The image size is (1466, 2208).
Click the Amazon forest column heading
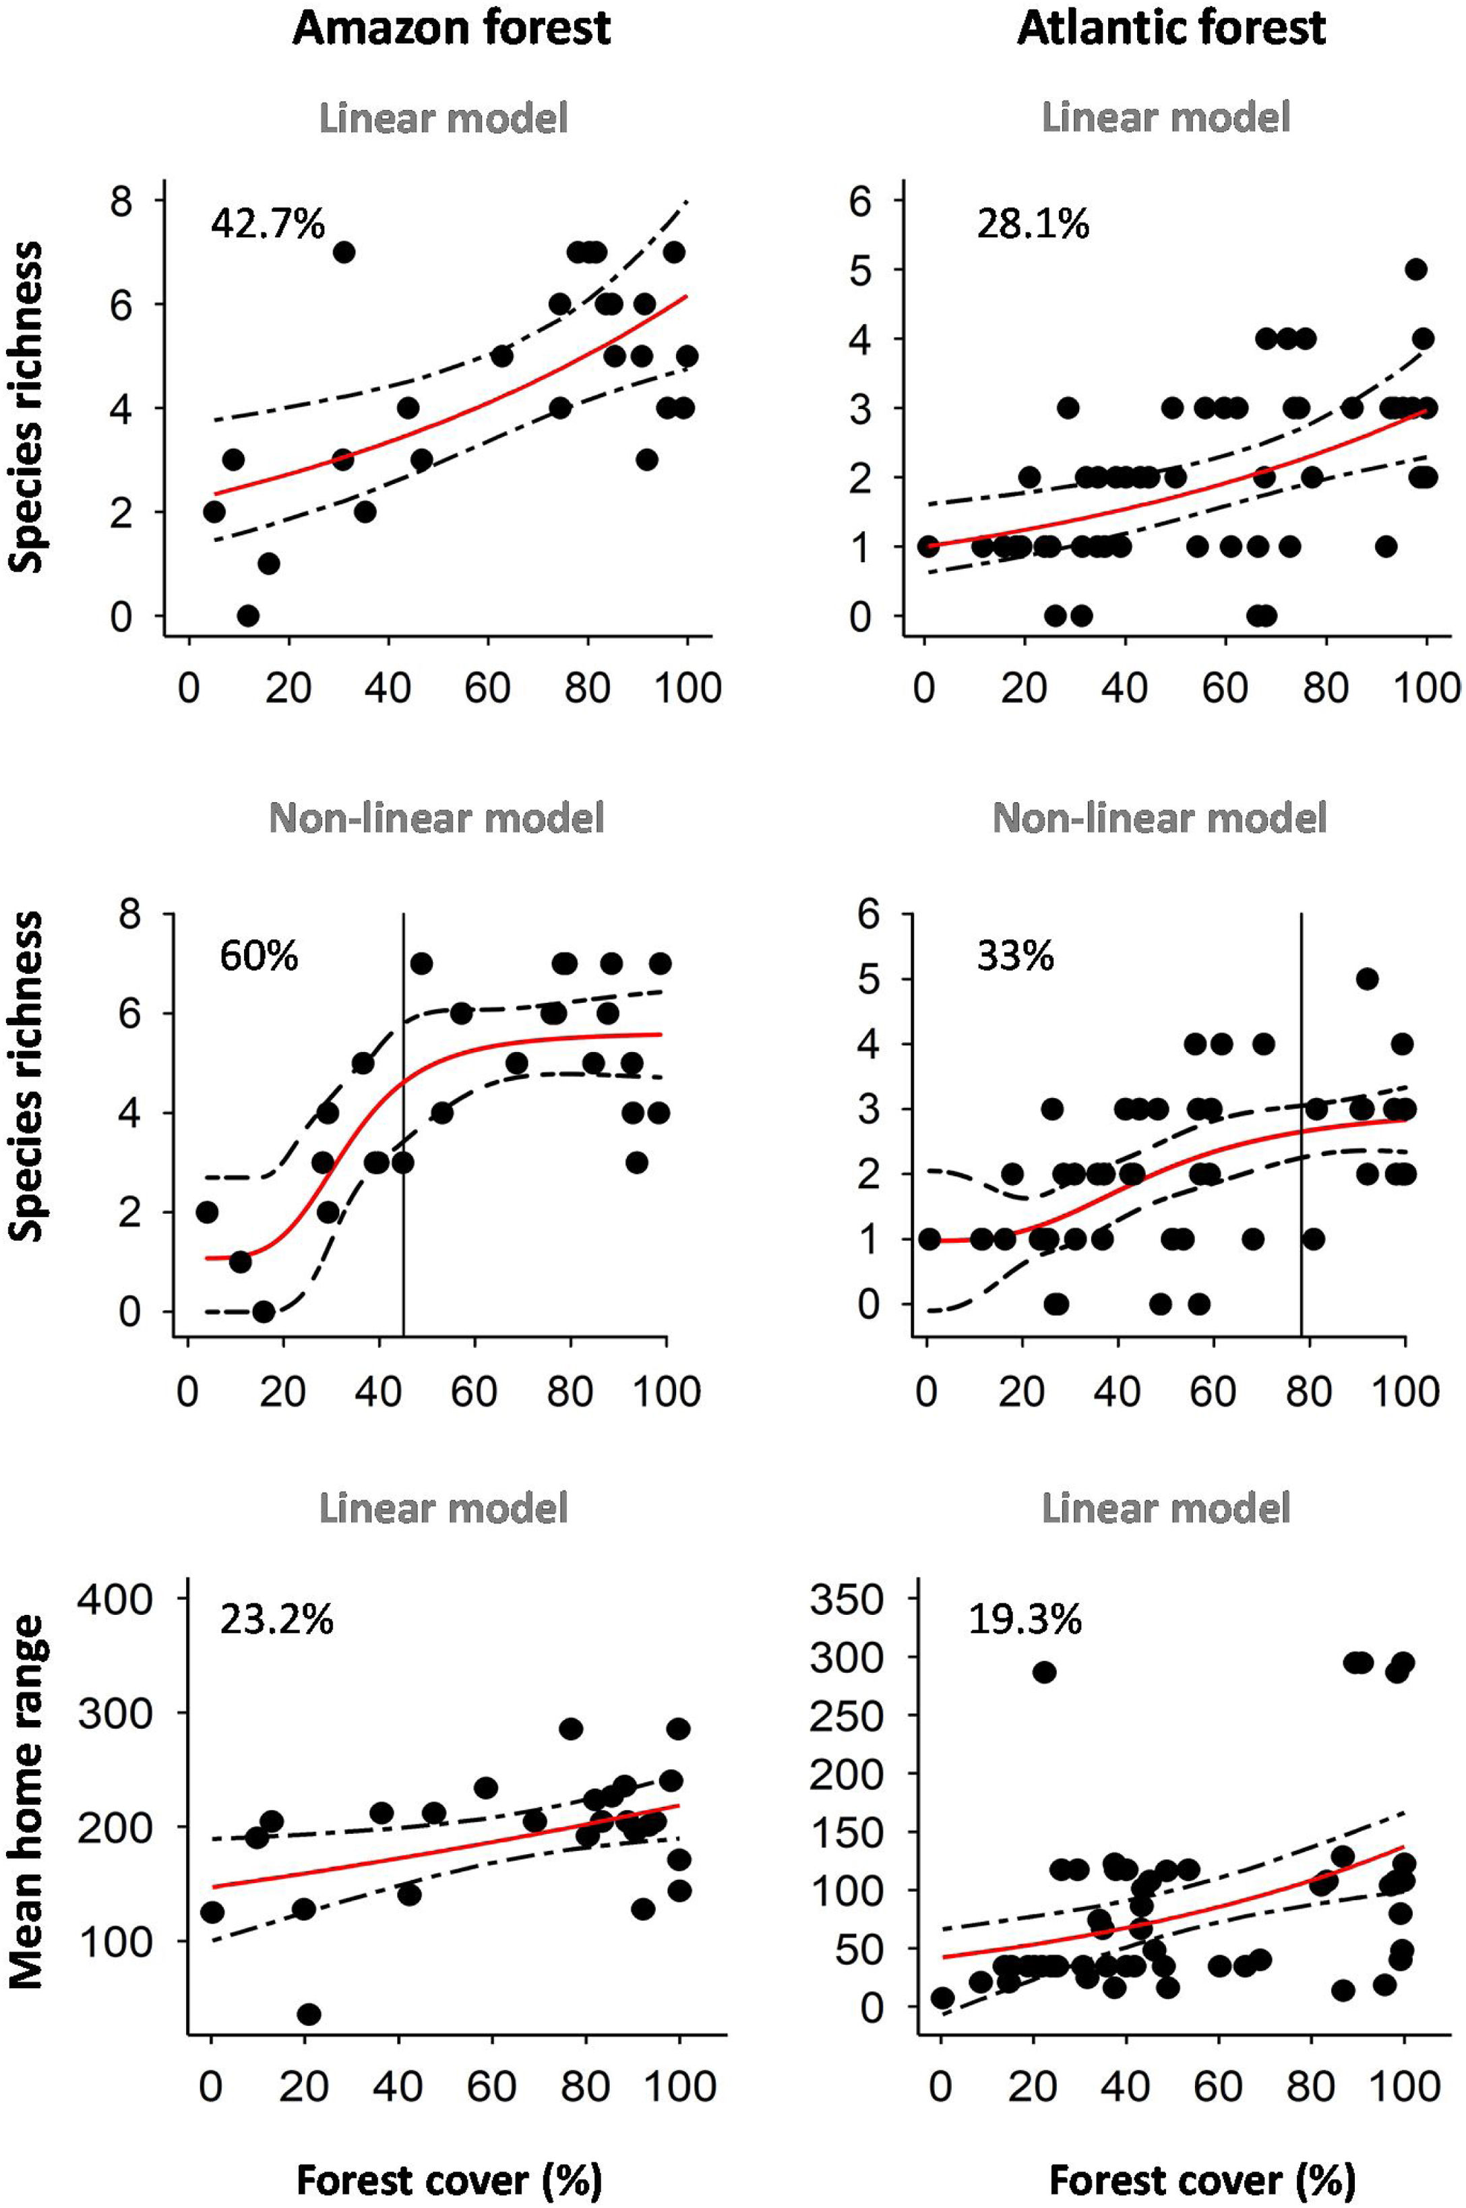(452, 28)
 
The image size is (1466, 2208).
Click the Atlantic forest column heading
(1171, 28)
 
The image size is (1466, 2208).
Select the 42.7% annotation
(268, 224)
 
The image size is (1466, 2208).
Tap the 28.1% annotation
(1033, 224)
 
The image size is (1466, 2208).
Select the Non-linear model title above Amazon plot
(437, 818)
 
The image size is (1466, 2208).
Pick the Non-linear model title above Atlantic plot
(1159, 818)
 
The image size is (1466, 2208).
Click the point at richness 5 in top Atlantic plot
(1416, 269)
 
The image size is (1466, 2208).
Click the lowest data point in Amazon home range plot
(309, 2015)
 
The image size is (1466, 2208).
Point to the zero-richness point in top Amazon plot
(248, 615)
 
